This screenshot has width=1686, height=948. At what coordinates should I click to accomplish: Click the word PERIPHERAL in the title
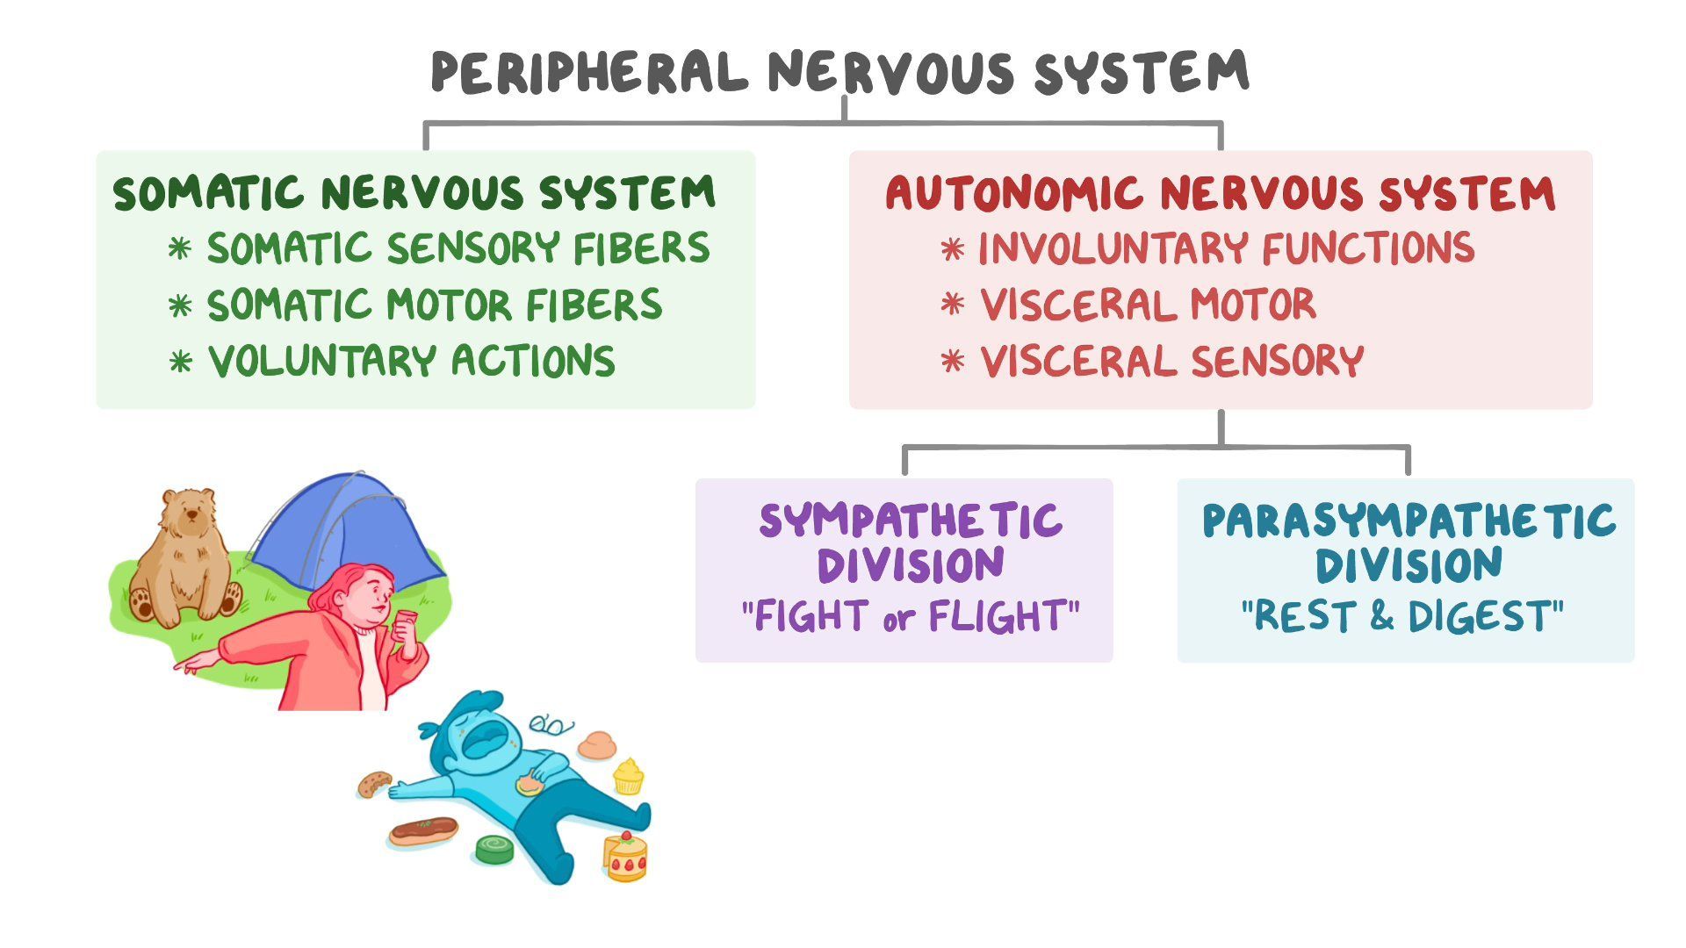pos(588,73)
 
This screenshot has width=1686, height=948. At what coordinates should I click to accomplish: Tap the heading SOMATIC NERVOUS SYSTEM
pos(414,193)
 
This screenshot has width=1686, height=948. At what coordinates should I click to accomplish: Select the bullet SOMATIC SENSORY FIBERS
pos(458,248)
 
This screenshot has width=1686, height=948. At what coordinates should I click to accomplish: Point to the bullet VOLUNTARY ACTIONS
pos(411,362)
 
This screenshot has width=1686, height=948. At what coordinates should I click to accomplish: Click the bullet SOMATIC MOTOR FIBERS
pos(434,305)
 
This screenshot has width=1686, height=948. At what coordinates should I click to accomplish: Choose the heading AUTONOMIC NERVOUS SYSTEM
pos(1220,193)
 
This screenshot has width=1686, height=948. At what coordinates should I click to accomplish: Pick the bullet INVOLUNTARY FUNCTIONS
pos(1226,248)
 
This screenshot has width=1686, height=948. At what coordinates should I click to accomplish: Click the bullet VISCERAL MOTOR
pos(1148,305)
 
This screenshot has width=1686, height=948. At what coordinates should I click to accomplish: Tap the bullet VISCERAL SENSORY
pos(1171,362)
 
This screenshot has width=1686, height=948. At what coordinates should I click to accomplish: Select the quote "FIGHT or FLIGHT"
pos(910,616)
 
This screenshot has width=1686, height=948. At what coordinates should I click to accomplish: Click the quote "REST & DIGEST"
pos(1402,616)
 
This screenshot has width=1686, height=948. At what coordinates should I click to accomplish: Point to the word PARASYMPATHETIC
pos(1409,521)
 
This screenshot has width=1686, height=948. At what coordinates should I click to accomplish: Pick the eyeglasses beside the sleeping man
pos(551,725)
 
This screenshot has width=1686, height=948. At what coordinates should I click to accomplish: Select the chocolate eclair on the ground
pos(423,829)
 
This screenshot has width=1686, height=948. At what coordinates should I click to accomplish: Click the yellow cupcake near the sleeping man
pos(628,776)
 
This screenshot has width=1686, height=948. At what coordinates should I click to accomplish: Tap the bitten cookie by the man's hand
pos(375,784)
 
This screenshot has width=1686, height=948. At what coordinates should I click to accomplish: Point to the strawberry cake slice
pos(624,856)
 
